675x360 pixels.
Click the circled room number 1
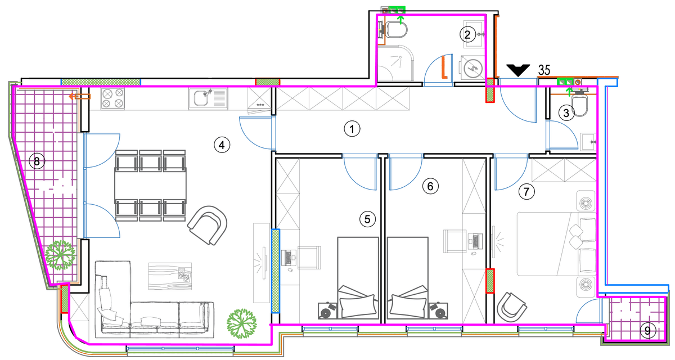tap(352, 129)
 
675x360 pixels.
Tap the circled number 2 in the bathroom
tap(467, 35)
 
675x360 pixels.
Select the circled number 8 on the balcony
tap(37, 161)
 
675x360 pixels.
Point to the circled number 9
tap(648, 331)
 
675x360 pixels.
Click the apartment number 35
tap(544, 70)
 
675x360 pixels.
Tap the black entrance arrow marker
tap(518, 70)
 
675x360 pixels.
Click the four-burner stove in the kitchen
tap(113, 98)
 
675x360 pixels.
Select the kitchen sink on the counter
tap(208, 98)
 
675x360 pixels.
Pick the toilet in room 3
tap(579, 104)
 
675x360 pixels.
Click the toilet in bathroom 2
tap(395, 30)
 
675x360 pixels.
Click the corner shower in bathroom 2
tap(395, 63)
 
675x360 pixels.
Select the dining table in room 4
tap(150, 185)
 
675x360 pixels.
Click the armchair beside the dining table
tap(208, 225)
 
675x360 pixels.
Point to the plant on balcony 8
tap(60, 255)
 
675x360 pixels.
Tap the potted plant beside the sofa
tap(241, 323)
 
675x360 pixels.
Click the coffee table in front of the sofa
tap(170, 276)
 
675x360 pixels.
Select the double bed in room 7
tap(556, 244)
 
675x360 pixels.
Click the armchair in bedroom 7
tap(511, 307)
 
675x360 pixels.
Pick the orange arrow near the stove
tap(79, 97)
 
